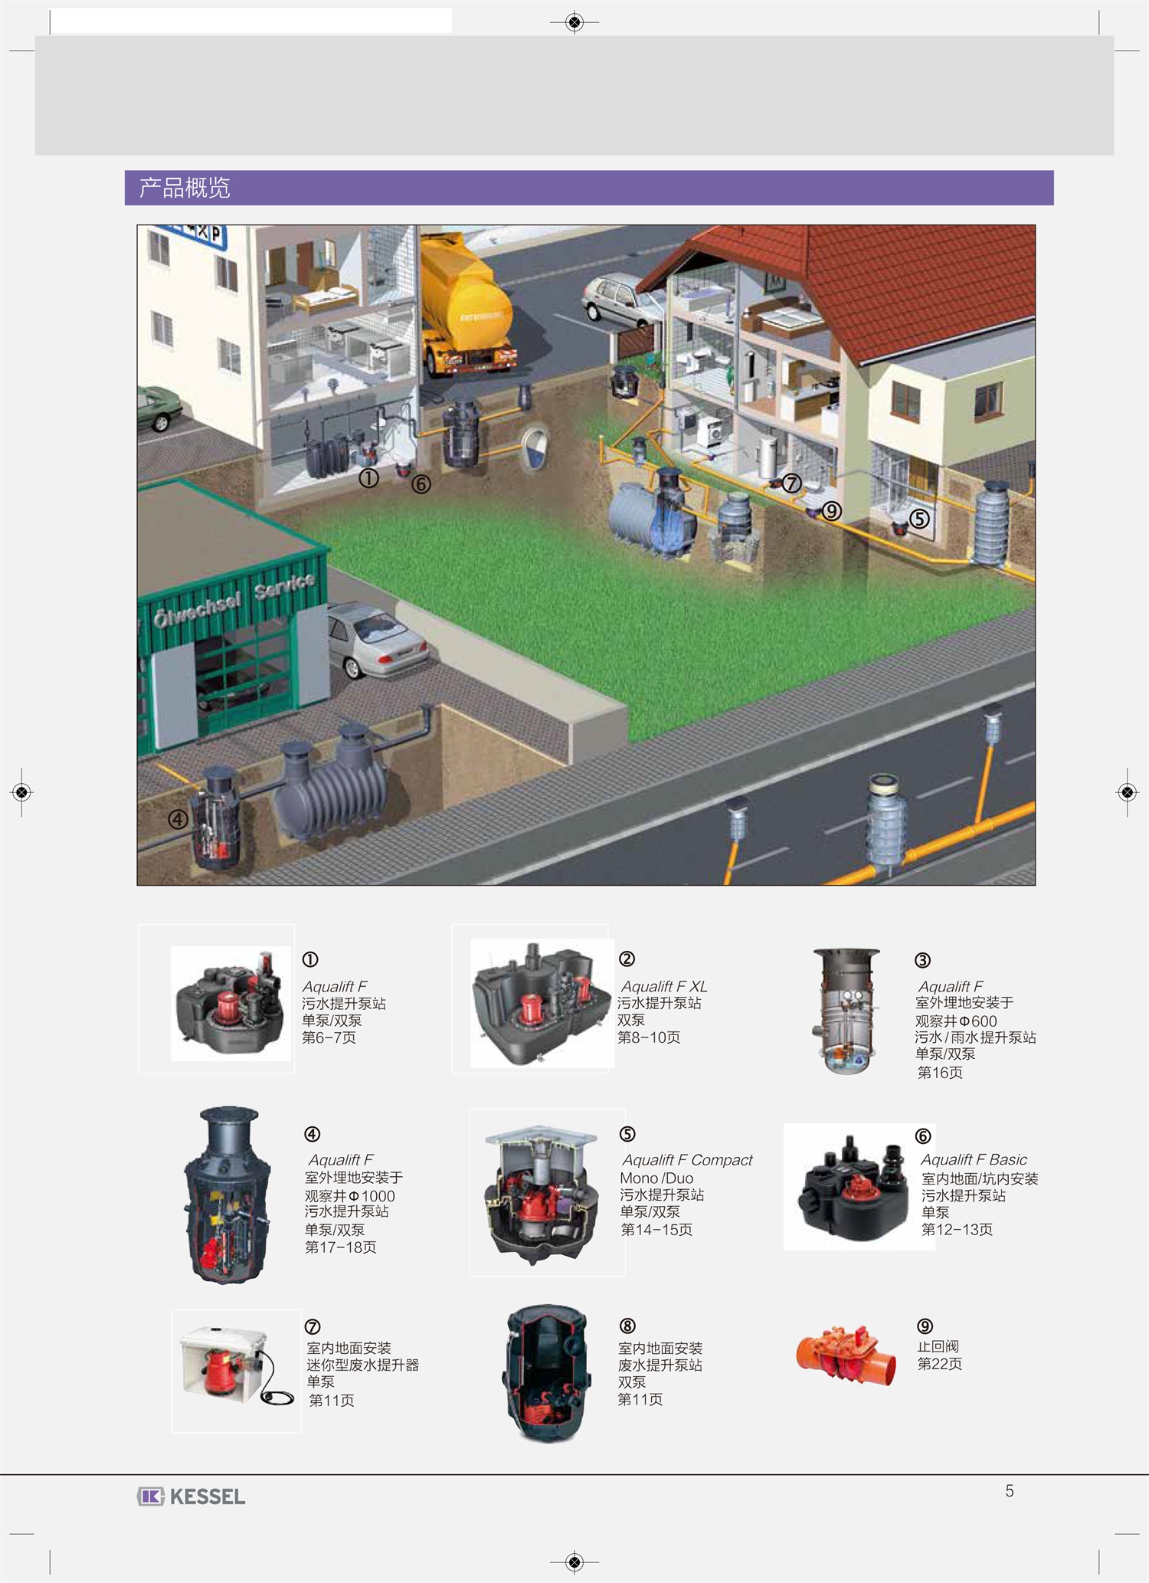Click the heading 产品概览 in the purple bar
click(x=185, y=188)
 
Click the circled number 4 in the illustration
click(x=178, y=819)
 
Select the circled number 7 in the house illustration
click(x=791, y=483)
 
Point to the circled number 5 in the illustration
click(x=919, y=519)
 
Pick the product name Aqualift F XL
click(x=664, y=986)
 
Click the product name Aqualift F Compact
click(x=687, y=1160)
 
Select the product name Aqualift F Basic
click(x=974, y=1160)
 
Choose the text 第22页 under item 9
click(x=940, y=1364)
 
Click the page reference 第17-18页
click(x=341, y=1247)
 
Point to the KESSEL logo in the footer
click(x=191, y=1496)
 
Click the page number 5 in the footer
click(x=1010, y=1491)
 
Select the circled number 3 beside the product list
click(x=923, y=960)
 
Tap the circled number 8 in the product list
click(x=627, y=1326)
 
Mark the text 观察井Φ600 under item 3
click(x=956, y=1021)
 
